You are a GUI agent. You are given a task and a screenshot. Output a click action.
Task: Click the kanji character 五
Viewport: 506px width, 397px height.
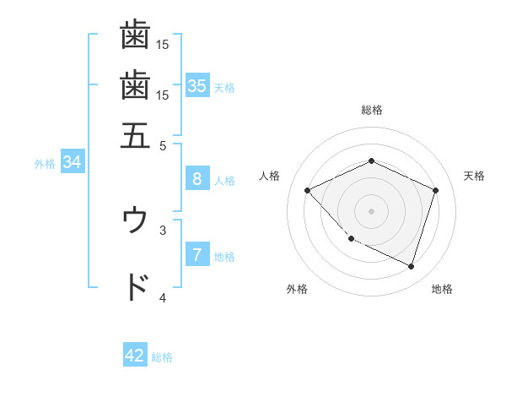(x=135, y=133)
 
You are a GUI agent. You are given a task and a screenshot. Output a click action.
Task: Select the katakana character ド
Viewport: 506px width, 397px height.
(x=136, y=287)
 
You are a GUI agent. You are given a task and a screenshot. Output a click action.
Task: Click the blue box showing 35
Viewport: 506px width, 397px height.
(x=196, y=85)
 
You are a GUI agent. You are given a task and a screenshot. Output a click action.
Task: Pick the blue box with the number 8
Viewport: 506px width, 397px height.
(x=196, y=178)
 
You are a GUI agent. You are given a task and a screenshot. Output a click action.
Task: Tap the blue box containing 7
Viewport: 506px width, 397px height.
(x=196, y=254)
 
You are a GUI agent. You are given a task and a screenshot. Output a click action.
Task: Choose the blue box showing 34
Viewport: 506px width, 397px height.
(x=72, y=162)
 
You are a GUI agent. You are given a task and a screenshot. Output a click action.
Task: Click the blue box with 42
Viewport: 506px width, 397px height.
(x=135, y=356)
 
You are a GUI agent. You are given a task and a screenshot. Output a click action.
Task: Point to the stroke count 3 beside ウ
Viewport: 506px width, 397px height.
(x=163, y=229)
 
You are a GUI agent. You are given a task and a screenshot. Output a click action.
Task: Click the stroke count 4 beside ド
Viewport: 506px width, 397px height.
(x=163, y=297)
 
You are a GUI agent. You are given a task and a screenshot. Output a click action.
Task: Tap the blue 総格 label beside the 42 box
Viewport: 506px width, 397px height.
(x=162, y=357)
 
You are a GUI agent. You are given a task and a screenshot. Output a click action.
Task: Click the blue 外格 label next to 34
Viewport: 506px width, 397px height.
(x=45, y=164)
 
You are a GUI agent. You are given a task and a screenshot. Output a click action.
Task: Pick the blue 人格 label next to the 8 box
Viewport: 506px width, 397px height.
(x=224, y=180)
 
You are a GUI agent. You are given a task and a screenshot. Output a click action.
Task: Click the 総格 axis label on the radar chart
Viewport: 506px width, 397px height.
(x=371, y=110)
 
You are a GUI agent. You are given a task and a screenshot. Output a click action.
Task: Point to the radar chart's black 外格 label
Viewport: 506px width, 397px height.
(x=297, y=289)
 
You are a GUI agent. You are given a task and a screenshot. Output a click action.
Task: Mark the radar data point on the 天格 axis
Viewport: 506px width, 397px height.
(x=435, y=190)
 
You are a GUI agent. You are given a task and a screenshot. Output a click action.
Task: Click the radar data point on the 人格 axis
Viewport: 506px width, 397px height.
(x=308, y=190)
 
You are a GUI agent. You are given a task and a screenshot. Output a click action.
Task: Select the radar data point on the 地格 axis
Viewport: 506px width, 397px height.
(x=411, y=266)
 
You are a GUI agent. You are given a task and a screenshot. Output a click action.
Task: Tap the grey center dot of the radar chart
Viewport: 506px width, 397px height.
(x=371, y=210)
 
